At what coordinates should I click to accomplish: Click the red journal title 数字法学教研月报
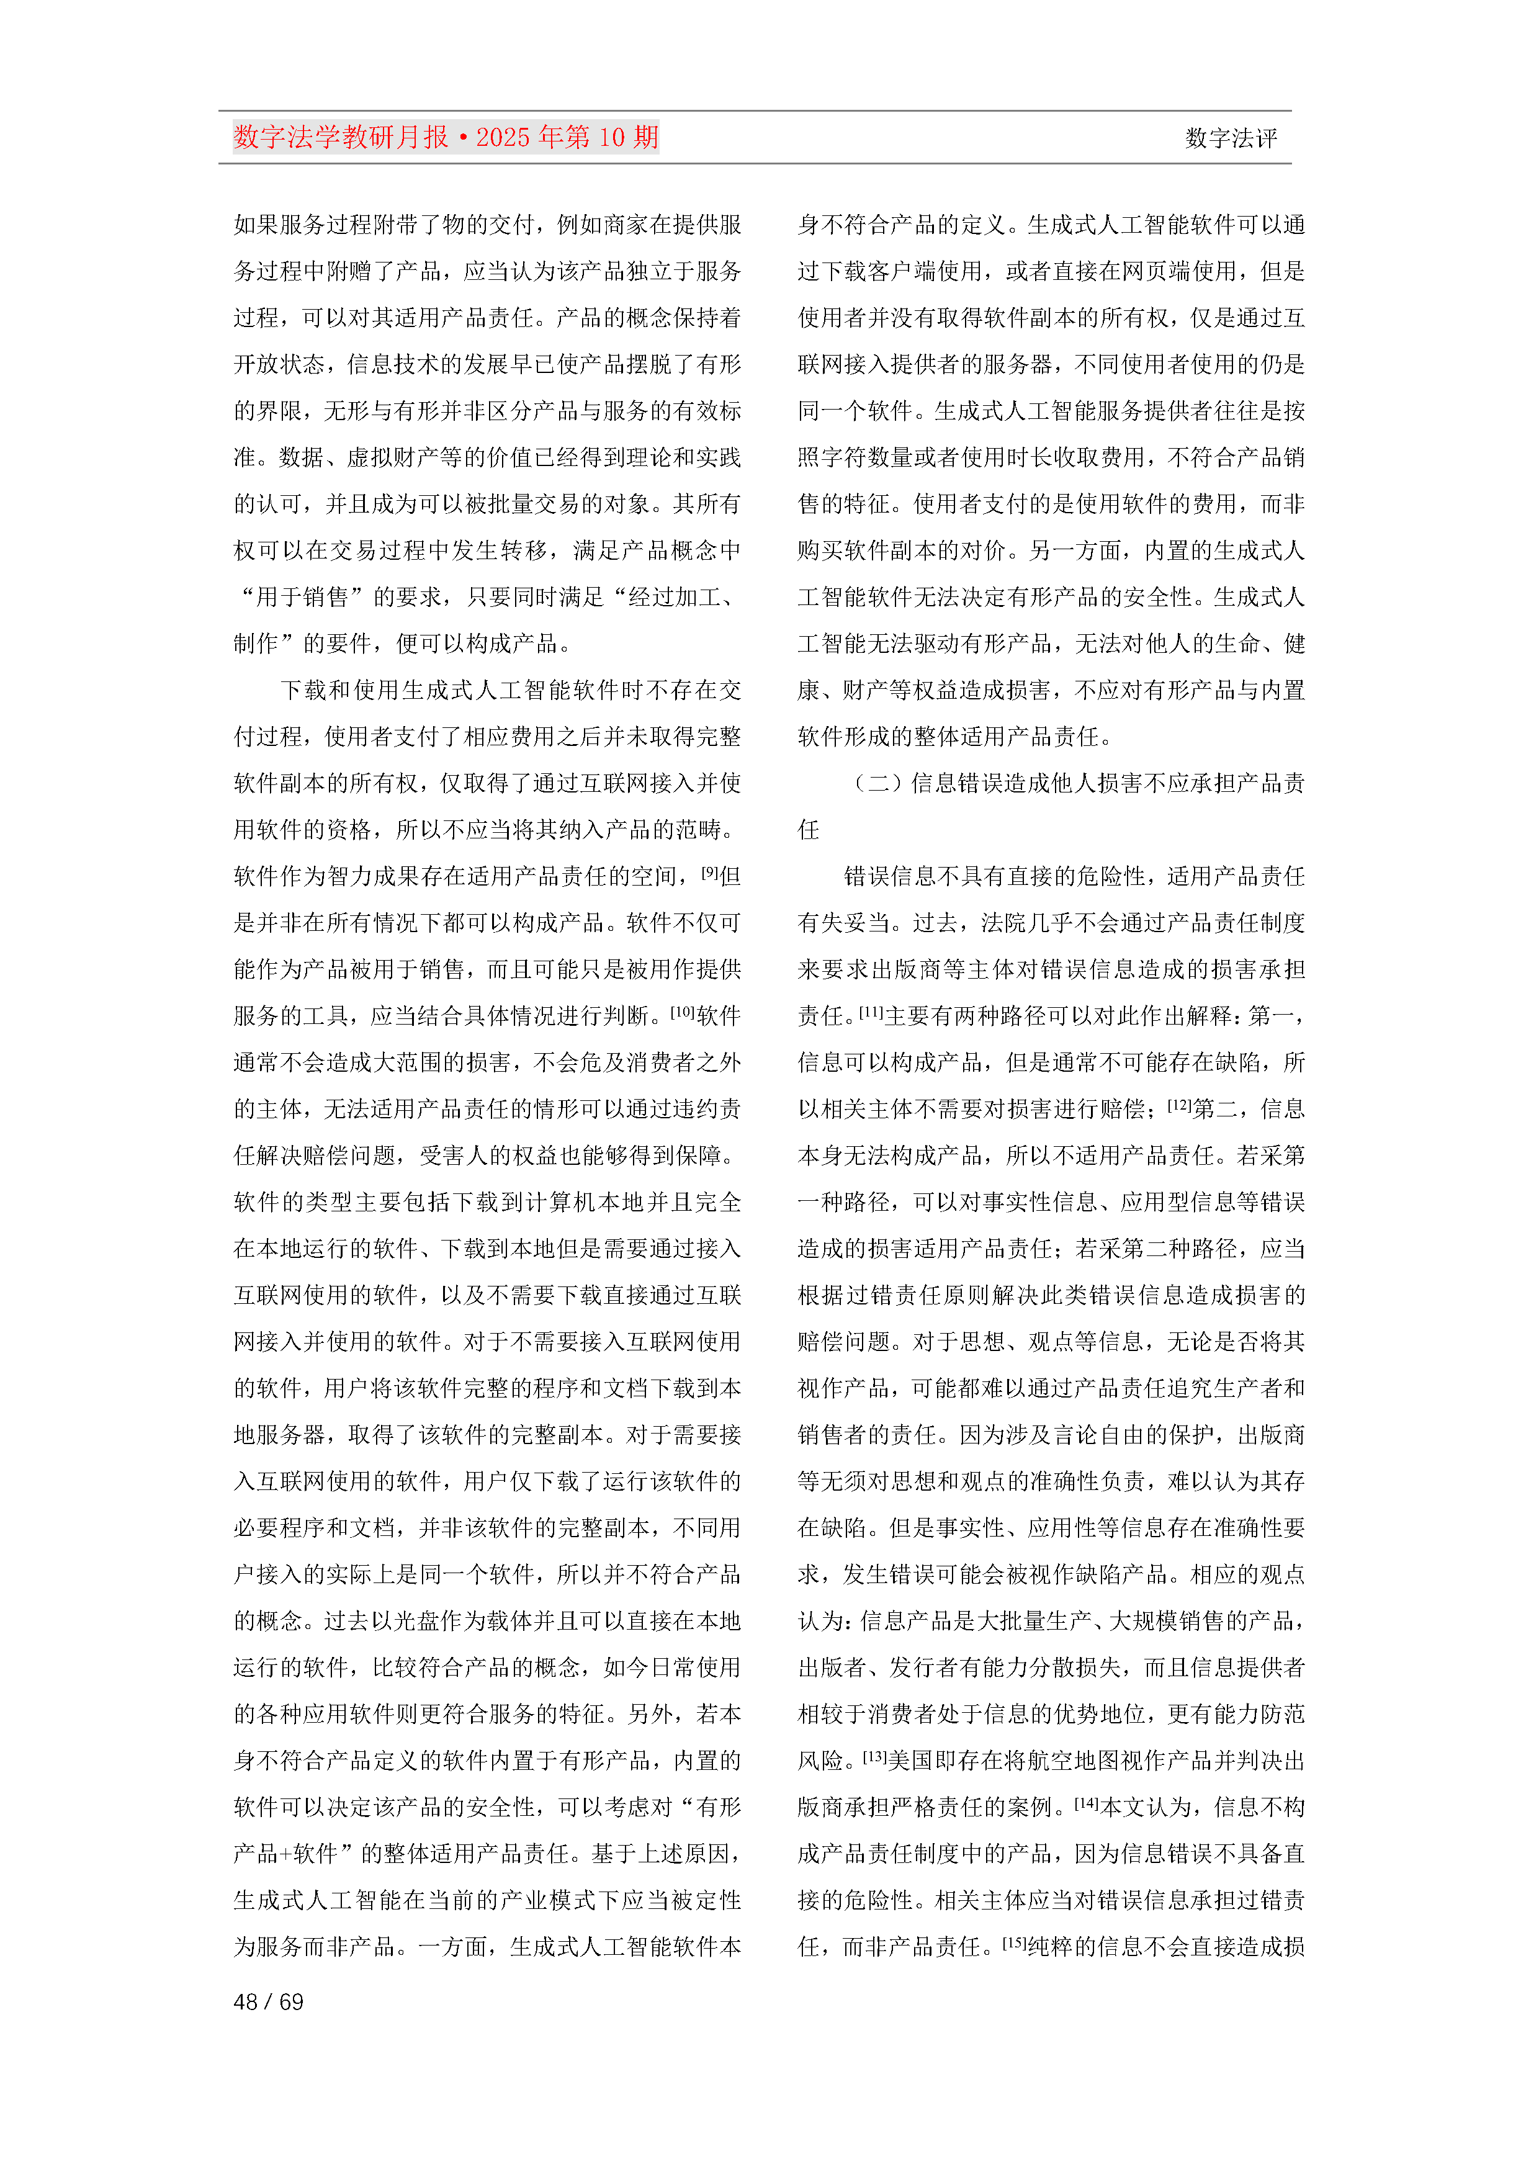pyautogui.click(x=341, y=138)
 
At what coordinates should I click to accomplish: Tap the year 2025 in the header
pyautogui.click(x=503, y=138)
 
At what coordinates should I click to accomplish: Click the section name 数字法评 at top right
pyautogui.click(x=1230, y=138)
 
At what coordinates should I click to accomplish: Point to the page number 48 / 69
pyautogui.click(x=268, y=2001)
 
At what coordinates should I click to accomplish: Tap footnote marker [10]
pyautogui.click(x=683, y=1011)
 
